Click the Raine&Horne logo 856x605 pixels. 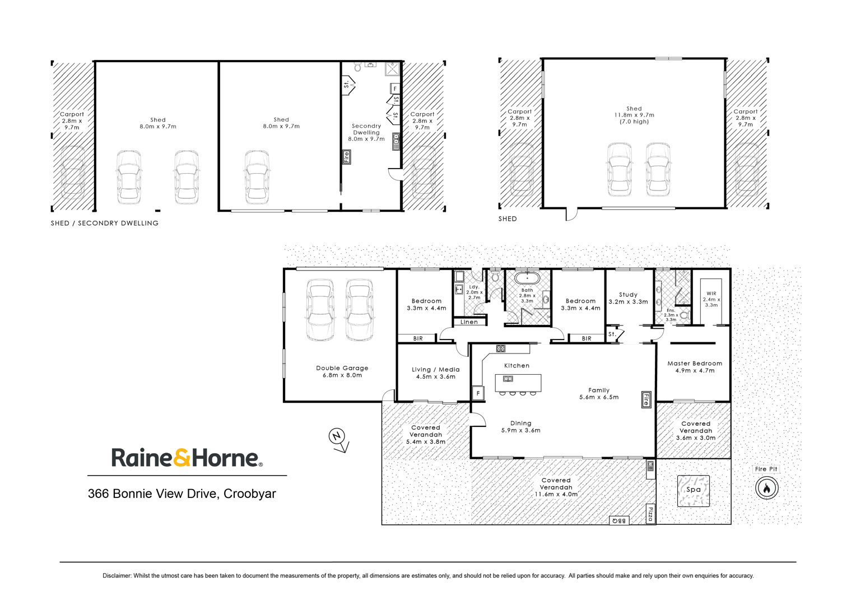click(187, 458)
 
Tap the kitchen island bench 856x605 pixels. click(518, 383)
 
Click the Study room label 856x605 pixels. click(628, 295)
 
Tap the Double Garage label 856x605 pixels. click(342, 368)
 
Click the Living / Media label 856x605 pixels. click(436, 370)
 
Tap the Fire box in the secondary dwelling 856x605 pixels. click(346, 157)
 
